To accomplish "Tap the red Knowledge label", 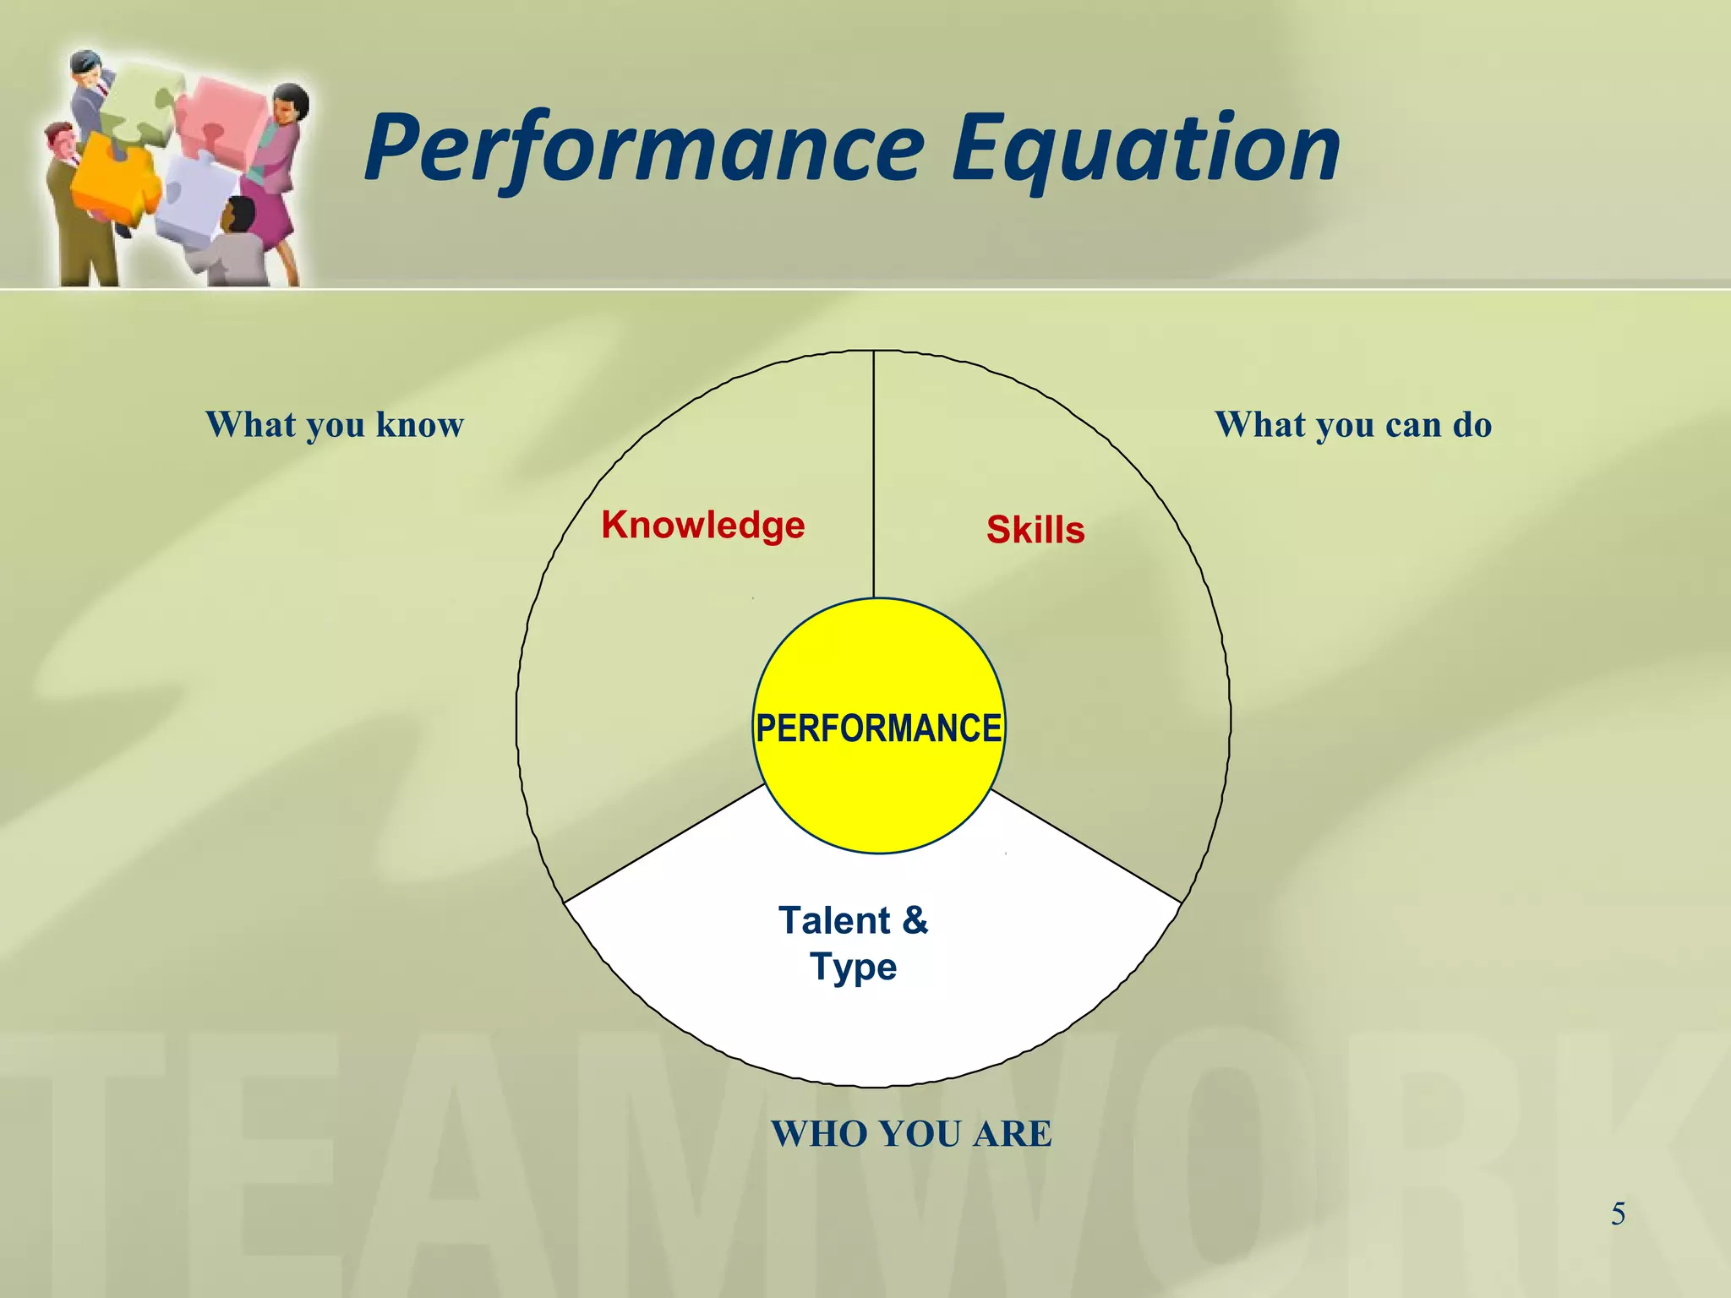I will [702, 525].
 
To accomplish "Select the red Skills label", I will [1035, 530].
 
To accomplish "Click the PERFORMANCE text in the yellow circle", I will [878, 728].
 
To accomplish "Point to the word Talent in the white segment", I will [833, 920].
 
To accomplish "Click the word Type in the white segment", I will [853, 966].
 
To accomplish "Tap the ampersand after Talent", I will [915, 920].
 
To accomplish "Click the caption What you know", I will [335, 424].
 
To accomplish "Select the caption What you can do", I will [1353, 424].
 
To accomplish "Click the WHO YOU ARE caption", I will [911, 1133].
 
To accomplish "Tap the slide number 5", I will [1618, 1213].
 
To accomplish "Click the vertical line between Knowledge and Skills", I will [873, 473].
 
